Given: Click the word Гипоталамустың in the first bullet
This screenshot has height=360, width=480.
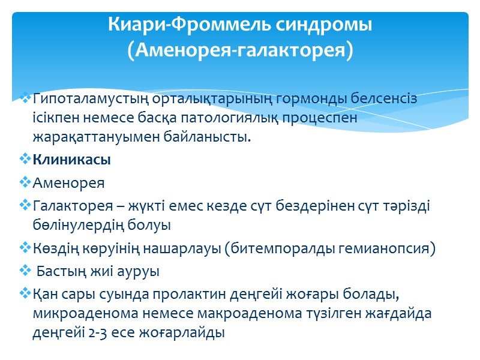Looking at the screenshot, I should [83, 98].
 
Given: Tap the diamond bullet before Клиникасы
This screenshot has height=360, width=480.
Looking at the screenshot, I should [24, 161].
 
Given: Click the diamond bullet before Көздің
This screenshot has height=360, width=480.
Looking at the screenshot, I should [24, 248].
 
